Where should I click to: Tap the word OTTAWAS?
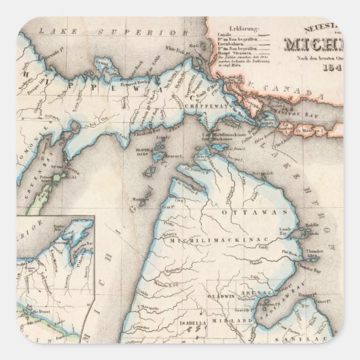click(254, 213)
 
